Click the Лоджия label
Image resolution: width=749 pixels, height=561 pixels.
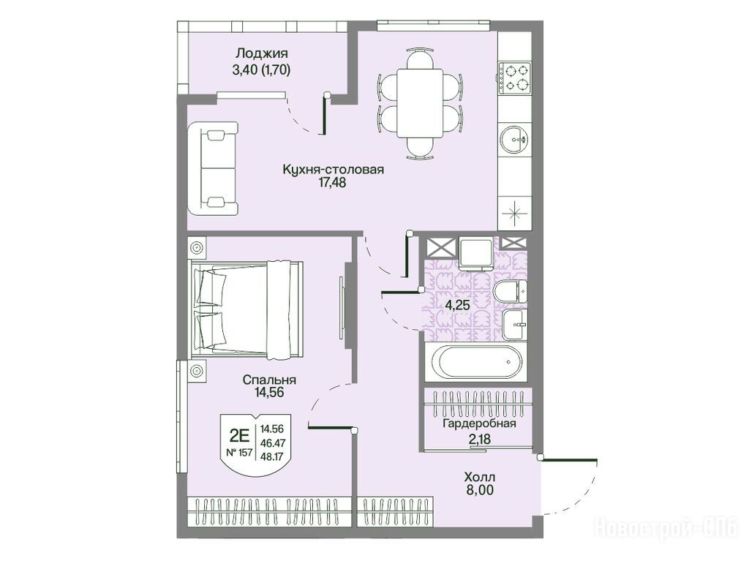[x=262, y=53]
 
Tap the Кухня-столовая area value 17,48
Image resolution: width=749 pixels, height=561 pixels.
[x=333, y=182]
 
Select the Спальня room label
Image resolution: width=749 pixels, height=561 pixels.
[x=269, y=380]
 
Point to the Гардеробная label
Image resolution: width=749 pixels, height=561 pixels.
[x=479, y=423]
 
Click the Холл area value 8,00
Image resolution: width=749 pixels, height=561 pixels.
[x=480, y=490]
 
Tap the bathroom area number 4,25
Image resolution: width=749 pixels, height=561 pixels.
[x=458, y=305]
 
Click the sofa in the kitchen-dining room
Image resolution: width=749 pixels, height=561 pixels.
[x=213, y=169]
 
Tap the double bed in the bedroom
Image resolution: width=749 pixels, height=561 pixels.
[x=247, y=309]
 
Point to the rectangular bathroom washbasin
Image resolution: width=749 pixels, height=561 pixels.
[x=514, y=325]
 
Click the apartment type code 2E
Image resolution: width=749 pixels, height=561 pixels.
[x=240, y=435]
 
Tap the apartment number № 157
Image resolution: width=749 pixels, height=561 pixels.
[x=239, y=453]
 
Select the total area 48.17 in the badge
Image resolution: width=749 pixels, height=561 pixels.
[x=272, y=456]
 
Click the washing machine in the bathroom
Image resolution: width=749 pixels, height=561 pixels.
[x=475, y=253]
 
